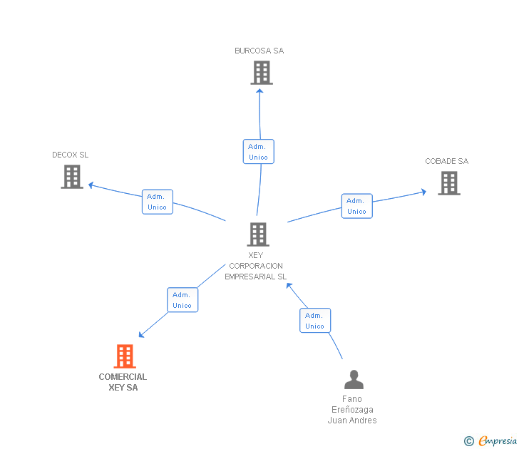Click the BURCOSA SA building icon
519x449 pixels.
pos(262,73)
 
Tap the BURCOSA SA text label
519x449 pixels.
pos(259,51)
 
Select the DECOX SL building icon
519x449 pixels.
pos(72,177)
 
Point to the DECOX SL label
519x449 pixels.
pos(71,155)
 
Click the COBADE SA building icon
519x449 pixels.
pos(449,183)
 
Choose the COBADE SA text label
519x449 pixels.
pos(447,161)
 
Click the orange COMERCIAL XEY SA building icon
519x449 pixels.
pos(125,356)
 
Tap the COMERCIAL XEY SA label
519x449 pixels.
pos(123,382)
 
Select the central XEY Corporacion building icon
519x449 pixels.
pos(258,234)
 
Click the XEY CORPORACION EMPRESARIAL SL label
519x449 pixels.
pos(256,266)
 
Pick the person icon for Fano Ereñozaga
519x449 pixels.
pos(354,379)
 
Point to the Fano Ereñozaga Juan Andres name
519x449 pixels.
pos(352,410)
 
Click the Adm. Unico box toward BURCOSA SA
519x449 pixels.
pos(258,152)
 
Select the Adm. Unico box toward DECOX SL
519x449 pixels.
pos(157,202)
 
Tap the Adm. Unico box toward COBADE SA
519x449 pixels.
pos(356,206)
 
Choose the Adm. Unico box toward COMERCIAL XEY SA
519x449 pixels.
pos(182,300)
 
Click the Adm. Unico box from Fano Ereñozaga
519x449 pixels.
pos(314,321)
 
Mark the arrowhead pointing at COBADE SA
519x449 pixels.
pos(423,191)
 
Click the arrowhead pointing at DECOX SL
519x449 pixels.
pos(91,186)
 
